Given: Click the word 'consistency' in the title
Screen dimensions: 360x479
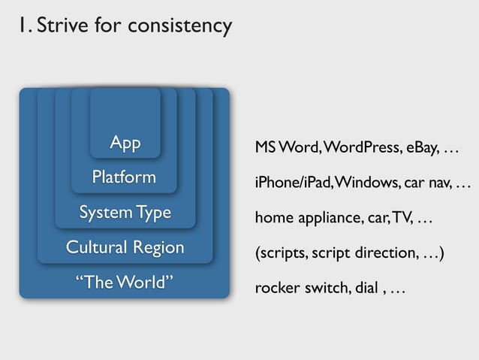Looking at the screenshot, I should click(x=180, y=26).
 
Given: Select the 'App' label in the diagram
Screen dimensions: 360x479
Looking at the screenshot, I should click(x=125, y=143).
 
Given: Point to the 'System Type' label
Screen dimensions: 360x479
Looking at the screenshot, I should click(x=125, y=213).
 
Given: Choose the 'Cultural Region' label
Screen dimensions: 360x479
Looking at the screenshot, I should click(x=125, y=247).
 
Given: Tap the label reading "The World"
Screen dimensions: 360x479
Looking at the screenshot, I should click(x=125, y=283).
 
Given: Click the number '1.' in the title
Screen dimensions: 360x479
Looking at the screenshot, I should click(x=26, y=26).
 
